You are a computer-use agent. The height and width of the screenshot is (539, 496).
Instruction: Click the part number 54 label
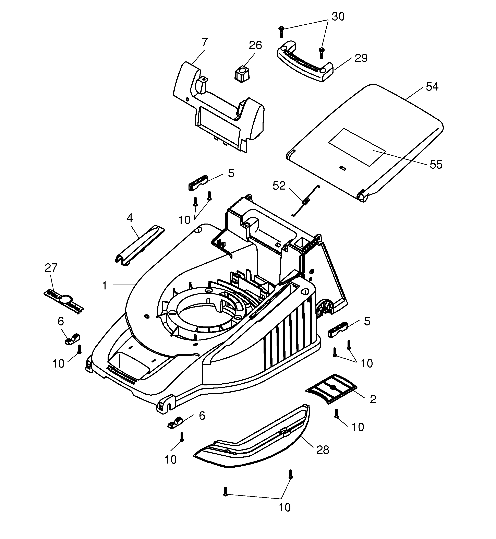coord(432,87)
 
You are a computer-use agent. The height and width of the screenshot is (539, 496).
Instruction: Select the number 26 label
coord(255,45)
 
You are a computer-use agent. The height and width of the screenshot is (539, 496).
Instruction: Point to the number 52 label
coord(279,186)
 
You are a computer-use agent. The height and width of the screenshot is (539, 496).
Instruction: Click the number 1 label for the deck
coord(105,286)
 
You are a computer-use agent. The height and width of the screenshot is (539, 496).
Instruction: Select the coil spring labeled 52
coord(306,201)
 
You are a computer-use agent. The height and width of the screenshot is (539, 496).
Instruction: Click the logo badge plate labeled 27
coord(64,301)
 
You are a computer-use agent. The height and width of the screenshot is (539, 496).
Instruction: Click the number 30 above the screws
coord(338,17)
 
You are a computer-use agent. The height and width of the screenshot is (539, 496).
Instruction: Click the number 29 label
coord(361,58)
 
